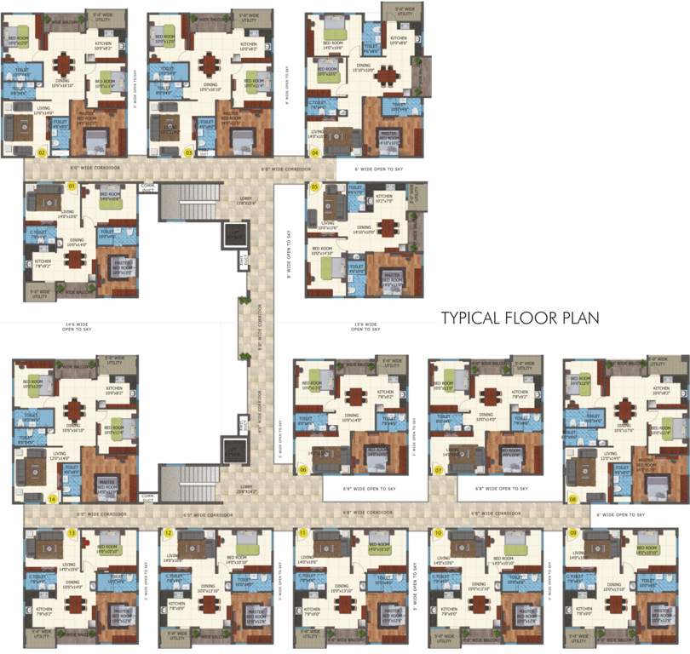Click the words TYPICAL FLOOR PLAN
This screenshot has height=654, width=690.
pos(520,318)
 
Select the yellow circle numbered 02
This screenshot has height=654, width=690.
pos(41,153)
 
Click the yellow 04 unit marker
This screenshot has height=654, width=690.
pos(314,153)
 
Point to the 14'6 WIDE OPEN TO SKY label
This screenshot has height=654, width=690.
pos(77,327)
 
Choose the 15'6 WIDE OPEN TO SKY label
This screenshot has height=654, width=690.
pos(365,327)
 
